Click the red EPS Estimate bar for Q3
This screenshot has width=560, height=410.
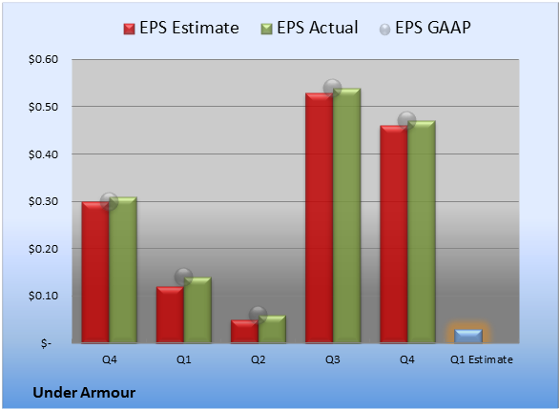click(x=319, y=218)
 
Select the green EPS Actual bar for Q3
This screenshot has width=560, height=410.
click(x=346, y=215)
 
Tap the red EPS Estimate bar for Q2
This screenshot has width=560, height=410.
click(x=244, y=332)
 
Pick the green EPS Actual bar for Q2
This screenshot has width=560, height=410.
click(x=272, y=329)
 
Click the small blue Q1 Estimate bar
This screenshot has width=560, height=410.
click(x=468, y=337)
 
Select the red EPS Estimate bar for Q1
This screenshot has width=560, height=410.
click(x=170, y=315)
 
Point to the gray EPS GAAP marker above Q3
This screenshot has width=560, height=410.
click(x=333, y=88)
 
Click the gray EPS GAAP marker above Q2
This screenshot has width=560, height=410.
click(x=258, y=315)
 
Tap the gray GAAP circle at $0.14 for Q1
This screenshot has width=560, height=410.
click(x=183, y=277)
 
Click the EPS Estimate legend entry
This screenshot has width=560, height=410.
click(x=181, y=28)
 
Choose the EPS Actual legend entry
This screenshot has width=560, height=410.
click(x=309, y=28)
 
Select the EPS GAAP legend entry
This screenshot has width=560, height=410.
click(x=425, y=28)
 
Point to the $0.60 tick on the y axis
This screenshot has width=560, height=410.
click(x=43, y=59)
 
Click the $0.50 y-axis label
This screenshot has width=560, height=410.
click(x=43, y=107)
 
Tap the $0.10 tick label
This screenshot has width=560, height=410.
click(x=43, y=296)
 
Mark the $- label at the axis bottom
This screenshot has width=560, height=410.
click(x=46, y=343)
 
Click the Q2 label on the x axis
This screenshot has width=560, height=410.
click(x=258, y=359)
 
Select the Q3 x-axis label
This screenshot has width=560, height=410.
click(x=333, y=359)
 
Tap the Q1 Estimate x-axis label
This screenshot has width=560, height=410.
click(x=482, y=359)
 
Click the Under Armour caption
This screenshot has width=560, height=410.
click(x=84, y=393)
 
